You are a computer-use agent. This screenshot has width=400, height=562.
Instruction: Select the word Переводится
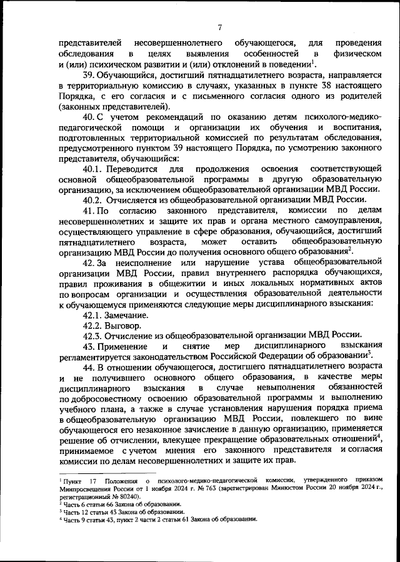pos(132,169)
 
